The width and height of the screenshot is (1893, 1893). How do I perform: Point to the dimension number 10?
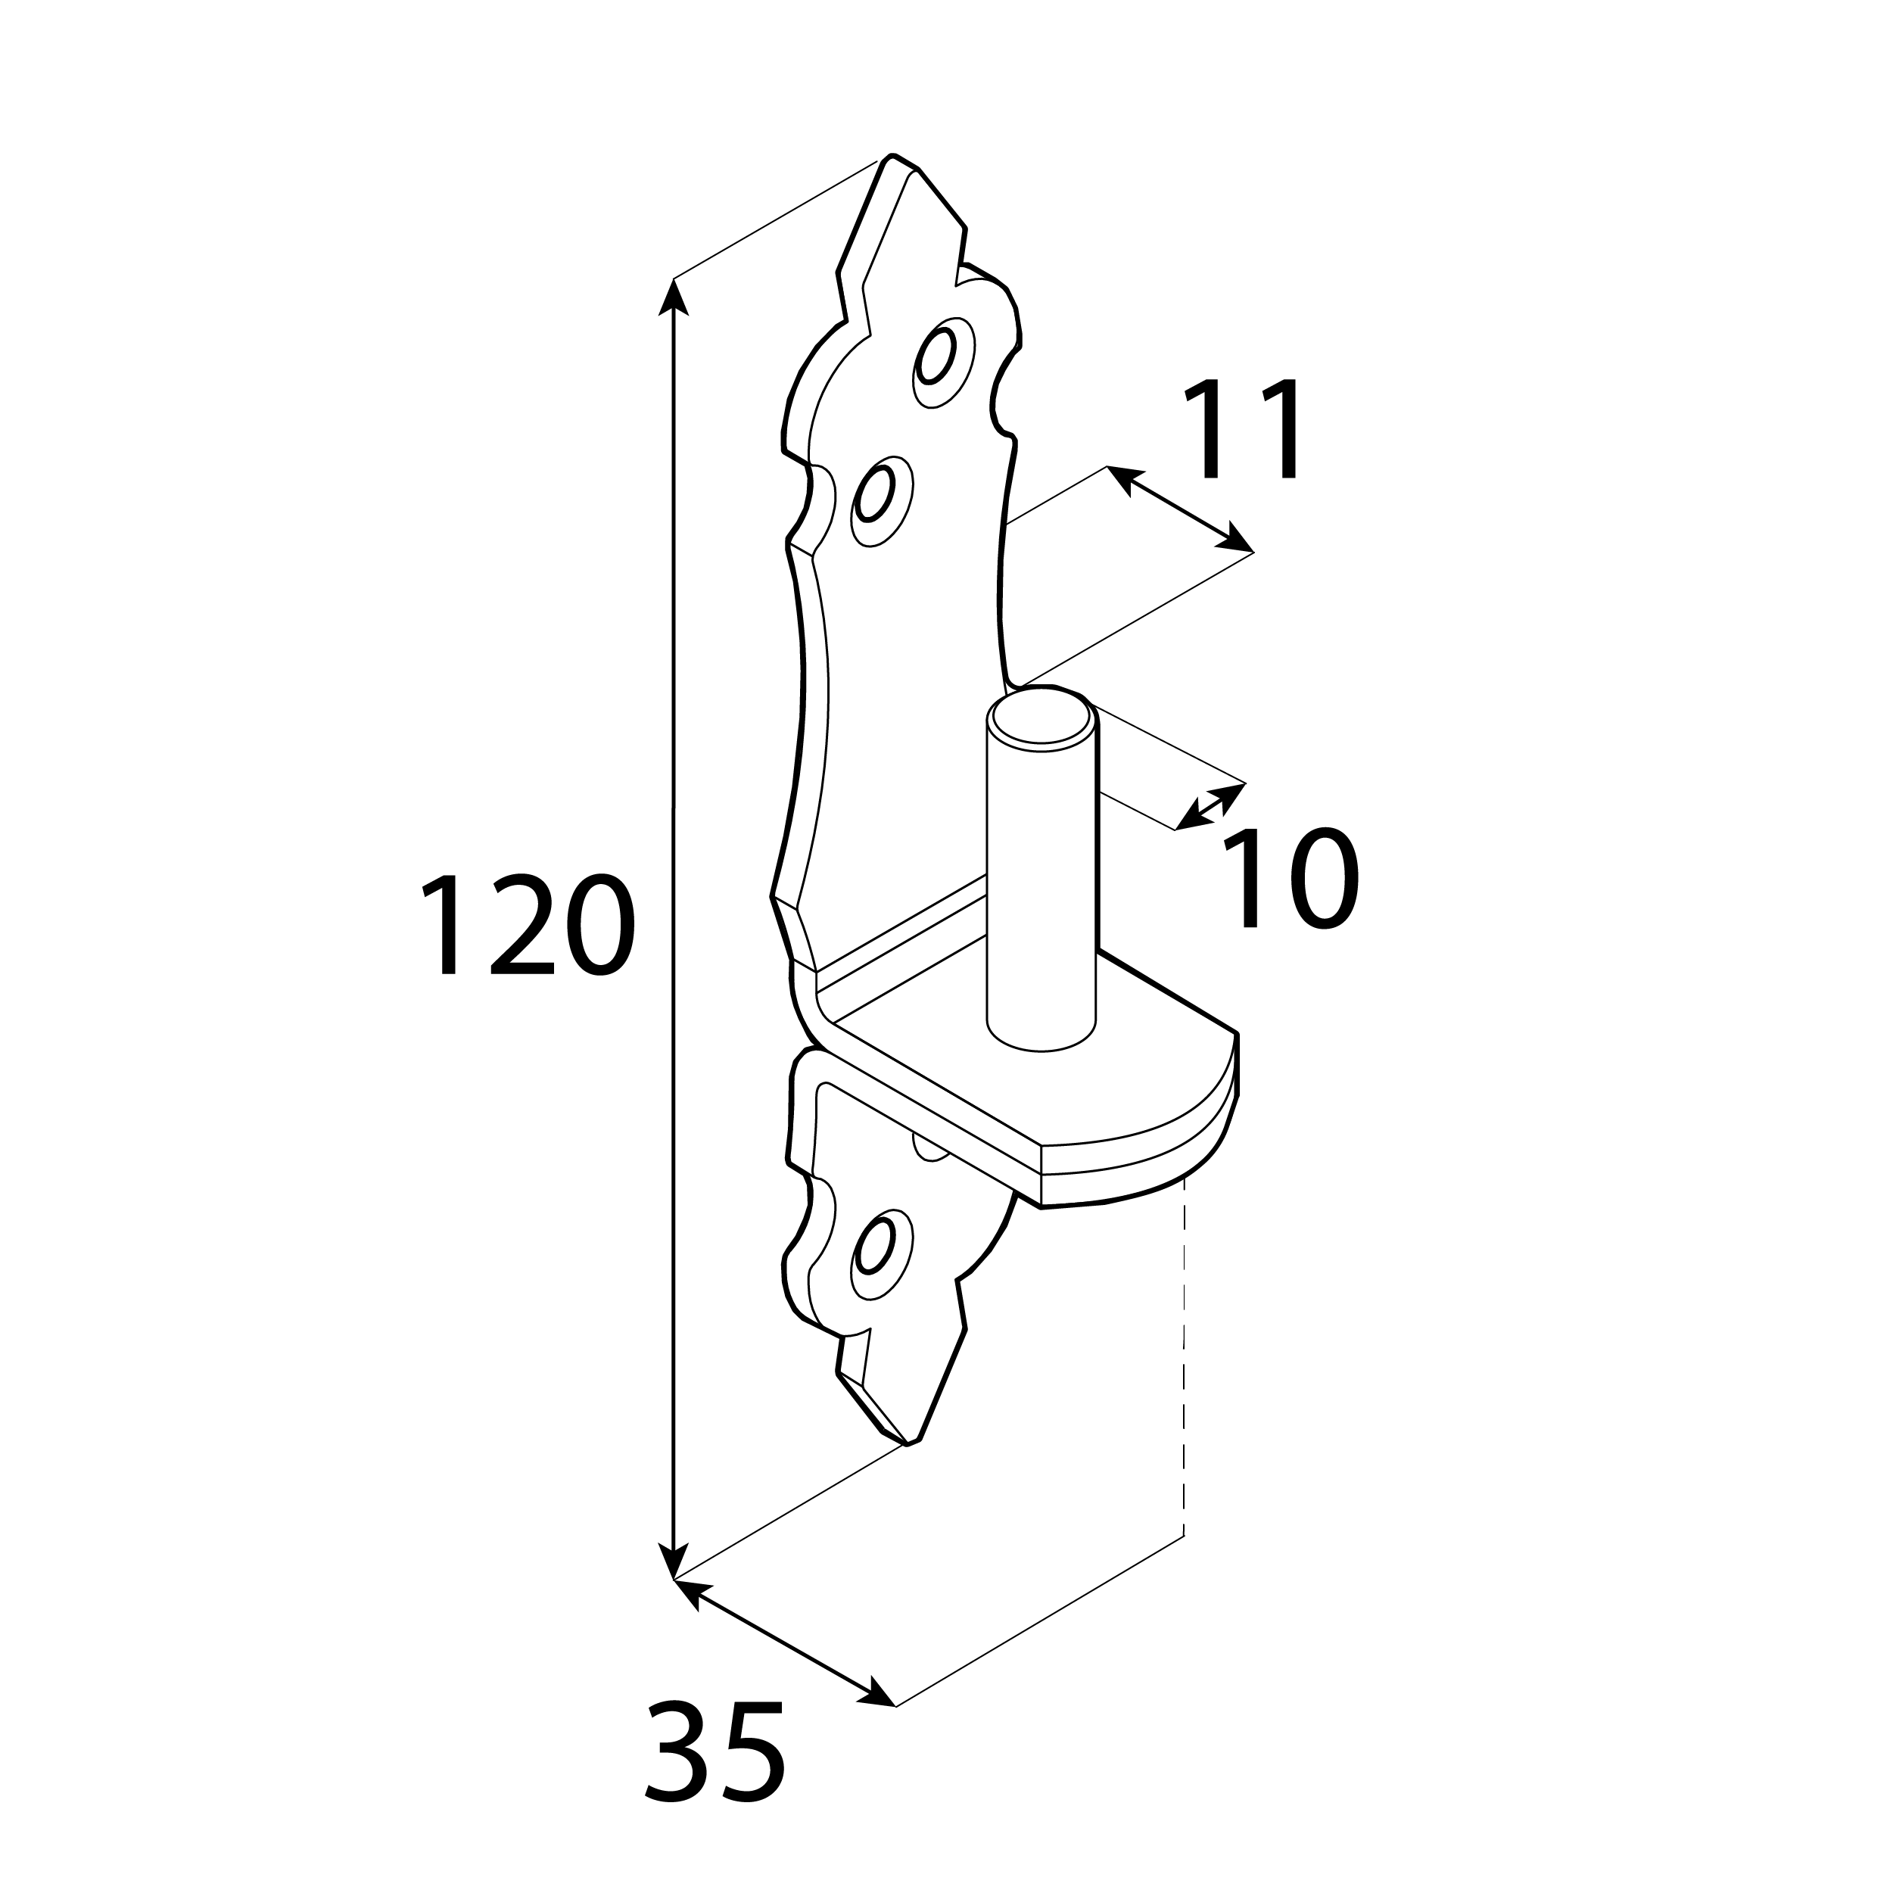pos(1291,879)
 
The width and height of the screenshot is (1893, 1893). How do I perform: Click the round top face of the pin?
pos(1041,721)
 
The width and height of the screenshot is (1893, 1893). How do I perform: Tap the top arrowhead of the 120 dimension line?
pos(672,297)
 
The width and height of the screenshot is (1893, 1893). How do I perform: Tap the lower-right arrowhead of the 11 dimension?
pos(1235,539)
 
